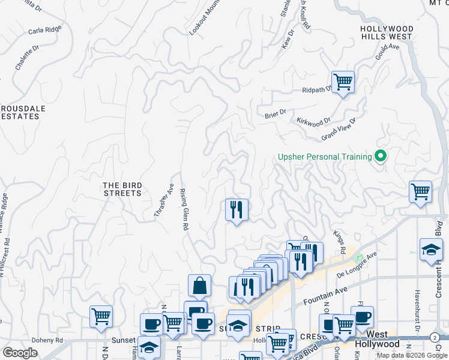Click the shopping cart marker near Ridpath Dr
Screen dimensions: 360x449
[x=343, y=82]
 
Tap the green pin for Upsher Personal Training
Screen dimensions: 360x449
[x=380, y=157]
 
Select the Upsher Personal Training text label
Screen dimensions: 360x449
[x=325, y=157]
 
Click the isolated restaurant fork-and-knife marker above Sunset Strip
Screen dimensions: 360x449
[x=237, y=210]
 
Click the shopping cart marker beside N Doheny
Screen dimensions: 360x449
[x=101, y=316]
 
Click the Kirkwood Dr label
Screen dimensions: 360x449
[x=313, y=121]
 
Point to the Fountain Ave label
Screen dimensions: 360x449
[x=325, y=292]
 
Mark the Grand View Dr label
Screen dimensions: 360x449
[x=339, y=128]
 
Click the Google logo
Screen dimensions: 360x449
[x=20, y=353]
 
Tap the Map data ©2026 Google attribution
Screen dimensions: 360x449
[x=412, y=355]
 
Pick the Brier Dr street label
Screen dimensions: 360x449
[x=274, y=113]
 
